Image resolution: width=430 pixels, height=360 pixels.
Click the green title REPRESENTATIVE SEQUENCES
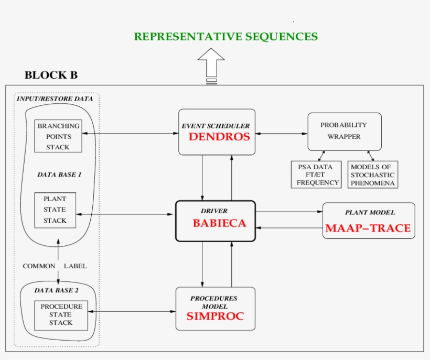[x=225, y=37]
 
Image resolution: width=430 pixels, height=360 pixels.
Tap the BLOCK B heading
[x=51, y=75]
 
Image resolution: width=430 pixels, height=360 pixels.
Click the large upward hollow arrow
[x=211, y=64]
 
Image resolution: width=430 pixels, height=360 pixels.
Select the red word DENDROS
[x=217, y=137]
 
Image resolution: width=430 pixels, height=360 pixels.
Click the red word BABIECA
[x=219, y=223]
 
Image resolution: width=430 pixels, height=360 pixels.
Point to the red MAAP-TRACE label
[x=368, y=228]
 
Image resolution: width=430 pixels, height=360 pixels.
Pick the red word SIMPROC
[x=215, y=317]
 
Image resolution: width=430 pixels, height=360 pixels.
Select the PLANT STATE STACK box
[x=55, y=210]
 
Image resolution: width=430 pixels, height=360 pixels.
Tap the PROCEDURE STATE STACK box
[x=61, y=315]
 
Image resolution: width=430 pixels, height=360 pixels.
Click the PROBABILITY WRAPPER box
[x=344, y=131]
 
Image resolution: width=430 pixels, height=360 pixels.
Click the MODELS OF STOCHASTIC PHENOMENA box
[x=372, y=174]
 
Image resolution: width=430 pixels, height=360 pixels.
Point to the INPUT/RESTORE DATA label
[x=55, y=99]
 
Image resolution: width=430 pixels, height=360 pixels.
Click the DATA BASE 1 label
[x=59, y=174]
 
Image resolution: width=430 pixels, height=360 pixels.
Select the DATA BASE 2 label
[x=58, y=290]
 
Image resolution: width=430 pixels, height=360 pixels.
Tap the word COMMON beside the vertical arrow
[x=39, y=266]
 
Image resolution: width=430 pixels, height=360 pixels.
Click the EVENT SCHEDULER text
[x=216, y=126]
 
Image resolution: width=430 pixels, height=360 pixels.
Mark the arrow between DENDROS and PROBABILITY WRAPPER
[x=281, y=134]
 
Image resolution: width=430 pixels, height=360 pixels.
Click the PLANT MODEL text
[x=370, y=213]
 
